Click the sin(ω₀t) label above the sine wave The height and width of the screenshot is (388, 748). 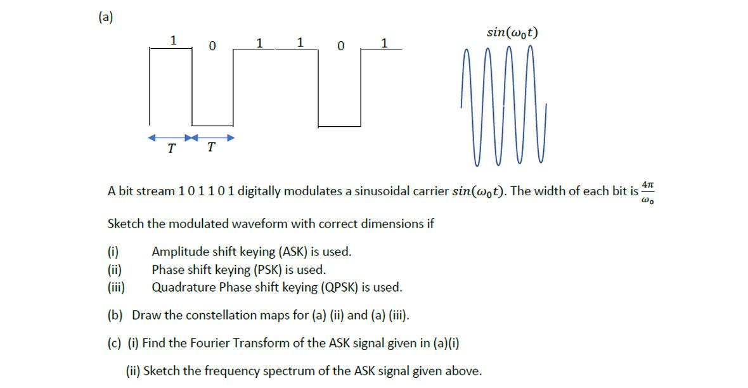pyautogui.click(x=513, y=32)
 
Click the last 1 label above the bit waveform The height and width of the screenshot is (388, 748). pyautogui.click(x=384, y=42)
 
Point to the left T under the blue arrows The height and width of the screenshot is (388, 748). pyautogui.click(x=171, y=149)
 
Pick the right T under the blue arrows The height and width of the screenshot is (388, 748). pyautogui.click(x=211, y=148)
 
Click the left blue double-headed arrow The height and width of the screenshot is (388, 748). pyautogui.click(x=169, y=138)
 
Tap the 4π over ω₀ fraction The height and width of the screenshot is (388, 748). pyautogui.click(x=647, y=191)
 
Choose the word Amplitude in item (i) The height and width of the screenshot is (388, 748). pyautogui.click(x=177, y=252)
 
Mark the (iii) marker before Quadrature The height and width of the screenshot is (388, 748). pyautogui.click(x=116, y=287)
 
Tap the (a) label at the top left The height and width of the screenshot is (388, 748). pyautogui.click(x=105, y=17)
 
